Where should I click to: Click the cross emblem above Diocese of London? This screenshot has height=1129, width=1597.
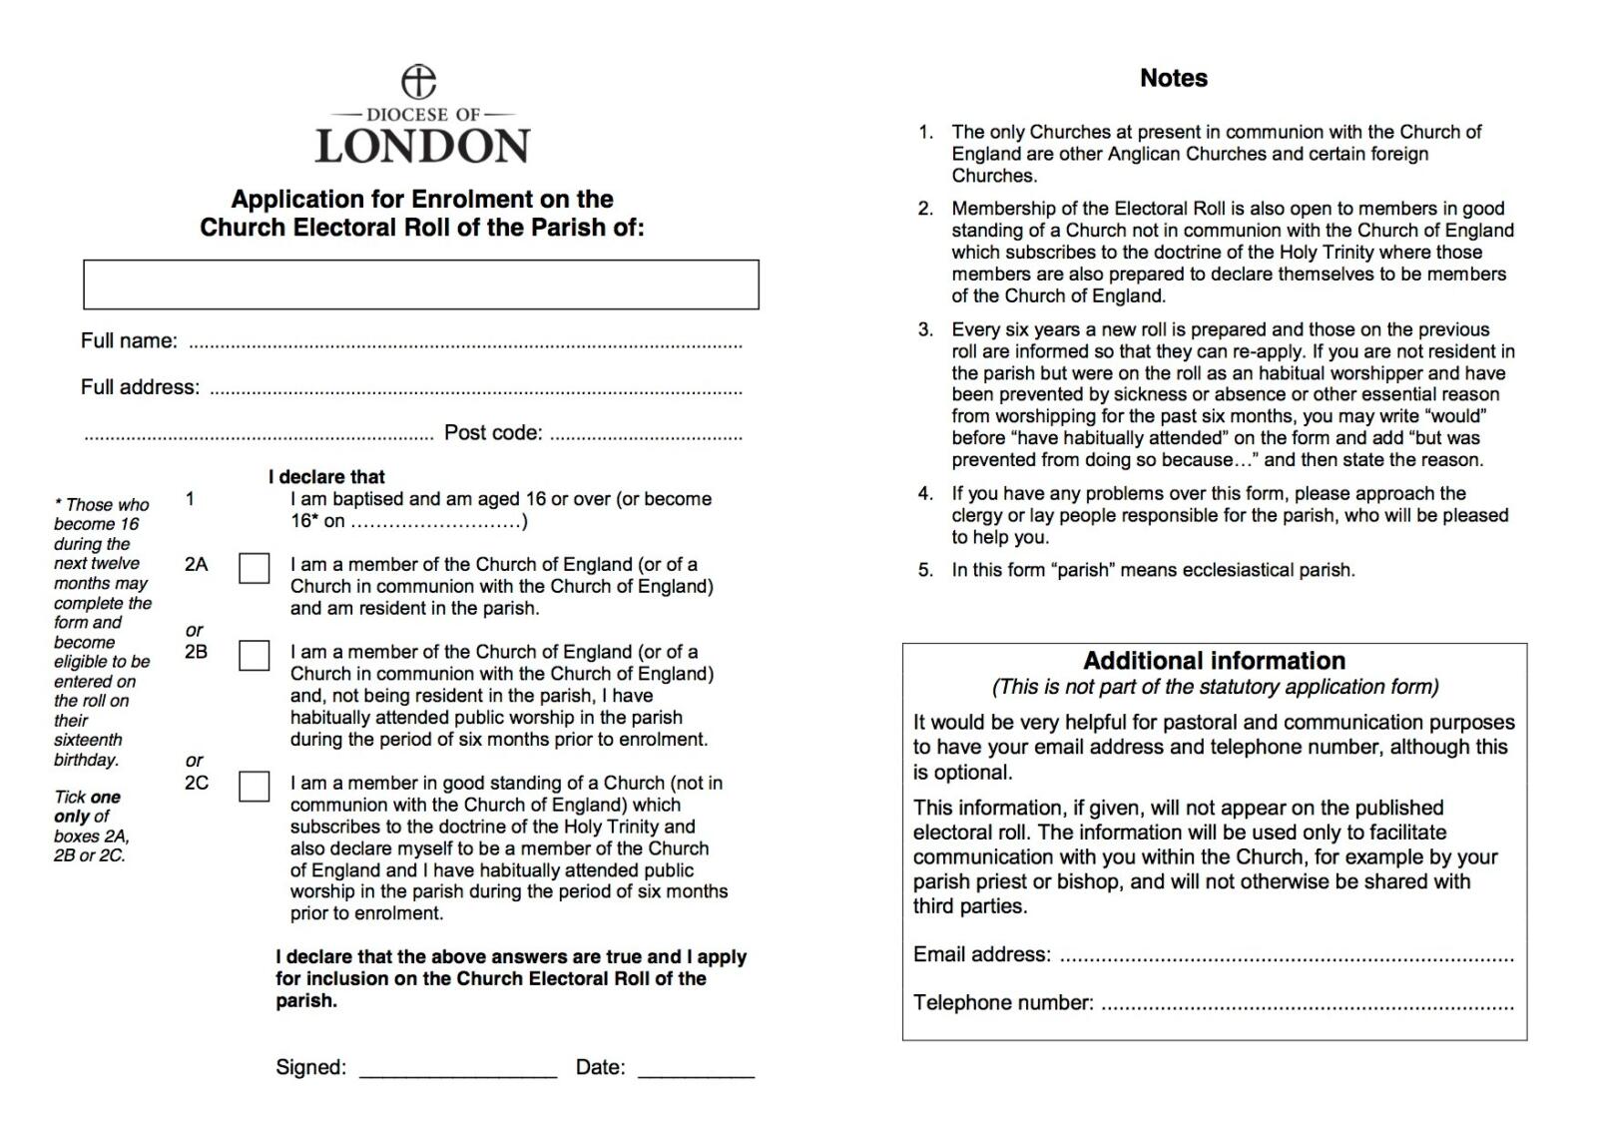pos(418,82)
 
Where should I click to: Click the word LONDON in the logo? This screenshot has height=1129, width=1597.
pos(422,146)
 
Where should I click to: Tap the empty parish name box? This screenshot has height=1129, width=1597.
pos(420,284)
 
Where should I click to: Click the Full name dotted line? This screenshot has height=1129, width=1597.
pos(465,343)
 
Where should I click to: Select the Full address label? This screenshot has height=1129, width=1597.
pos(140,387)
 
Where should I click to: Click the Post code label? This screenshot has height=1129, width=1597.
pos(493,432)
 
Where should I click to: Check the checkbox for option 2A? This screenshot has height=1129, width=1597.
pos(255,568)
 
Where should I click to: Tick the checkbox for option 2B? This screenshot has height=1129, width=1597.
pos(255,655)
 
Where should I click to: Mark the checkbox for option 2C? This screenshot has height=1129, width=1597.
pos(255,787)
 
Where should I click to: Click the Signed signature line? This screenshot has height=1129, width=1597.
pos(457,1072)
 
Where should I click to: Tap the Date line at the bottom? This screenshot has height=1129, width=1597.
pos(696,1072)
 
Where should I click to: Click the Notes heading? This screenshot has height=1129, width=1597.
pos(1174,78)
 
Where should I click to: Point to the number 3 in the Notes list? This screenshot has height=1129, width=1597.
pos(925,329)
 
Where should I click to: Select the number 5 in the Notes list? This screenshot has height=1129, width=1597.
pos(925,570)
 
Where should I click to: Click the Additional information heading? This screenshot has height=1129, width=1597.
pos(1214,661)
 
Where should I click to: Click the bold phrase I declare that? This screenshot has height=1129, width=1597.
pos(326,477)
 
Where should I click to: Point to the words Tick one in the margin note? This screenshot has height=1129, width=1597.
pos(87,797)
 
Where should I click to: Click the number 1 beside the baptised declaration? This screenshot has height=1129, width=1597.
pos(190,498)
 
